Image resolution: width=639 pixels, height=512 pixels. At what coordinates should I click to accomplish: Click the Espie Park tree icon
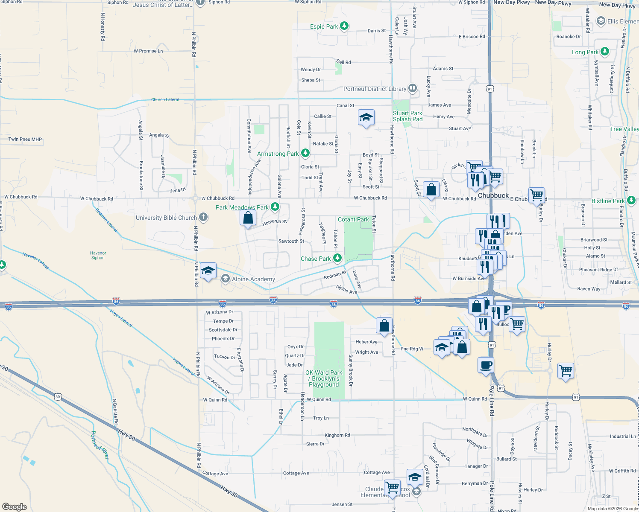tap(344, 26)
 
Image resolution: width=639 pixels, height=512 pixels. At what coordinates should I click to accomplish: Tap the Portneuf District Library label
tap(375, 89)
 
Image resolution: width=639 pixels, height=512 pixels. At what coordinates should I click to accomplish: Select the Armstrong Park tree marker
tap(305, 153)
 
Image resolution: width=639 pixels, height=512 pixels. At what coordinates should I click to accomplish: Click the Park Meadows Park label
tap(242, 207)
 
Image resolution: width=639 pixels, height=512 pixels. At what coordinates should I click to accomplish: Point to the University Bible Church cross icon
tap(203, 217)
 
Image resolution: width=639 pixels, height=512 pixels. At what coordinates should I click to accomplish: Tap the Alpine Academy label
tap(253, 279)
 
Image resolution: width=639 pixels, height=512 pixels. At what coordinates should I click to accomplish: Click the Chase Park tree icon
tap(337, 258)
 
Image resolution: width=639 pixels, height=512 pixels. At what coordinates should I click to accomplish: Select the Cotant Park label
tap(353, 219)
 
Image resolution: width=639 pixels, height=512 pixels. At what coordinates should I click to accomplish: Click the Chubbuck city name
tap(493, 195)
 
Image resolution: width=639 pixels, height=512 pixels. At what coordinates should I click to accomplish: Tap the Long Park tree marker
tap(604, 52)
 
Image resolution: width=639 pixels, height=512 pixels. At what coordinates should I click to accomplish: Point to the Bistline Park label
tap(608, 201)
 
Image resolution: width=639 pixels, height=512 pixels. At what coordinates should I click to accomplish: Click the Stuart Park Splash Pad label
tap(407, 116)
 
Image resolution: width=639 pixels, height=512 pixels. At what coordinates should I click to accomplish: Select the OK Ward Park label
tap(324, 378)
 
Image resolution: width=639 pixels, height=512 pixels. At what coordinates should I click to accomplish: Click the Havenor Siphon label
tap(98, 255)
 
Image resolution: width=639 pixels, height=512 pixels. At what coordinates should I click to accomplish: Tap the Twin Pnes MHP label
tap(25, 139)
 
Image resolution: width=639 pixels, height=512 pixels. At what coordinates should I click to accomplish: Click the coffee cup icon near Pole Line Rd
tap(486, 365)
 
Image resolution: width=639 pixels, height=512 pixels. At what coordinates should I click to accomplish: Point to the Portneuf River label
tap(100, 445)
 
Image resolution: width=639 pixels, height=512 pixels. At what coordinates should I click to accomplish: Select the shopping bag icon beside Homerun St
tap(248, 218)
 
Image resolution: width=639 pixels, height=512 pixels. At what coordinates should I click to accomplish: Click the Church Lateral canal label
tap(165, 99)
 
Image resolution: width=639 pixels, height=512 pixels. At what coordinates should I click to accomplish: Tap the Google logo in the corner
tap(15, 506)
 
